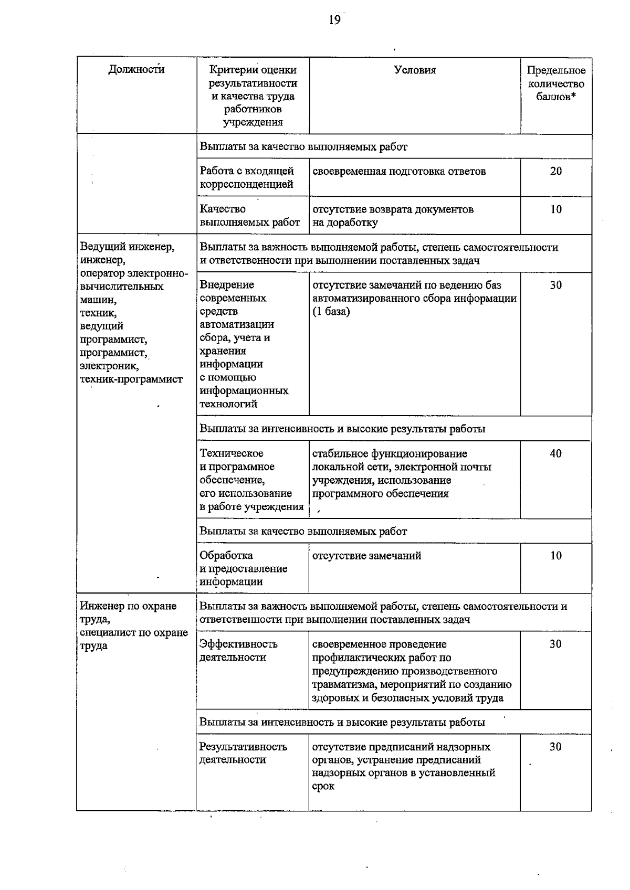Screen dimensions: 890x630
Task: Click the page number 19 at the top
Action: [x=334, y=20]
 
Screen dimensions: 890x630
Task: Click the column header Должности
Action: [x=136, y=69]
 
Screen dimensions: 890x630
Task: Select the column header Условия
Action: [x=415, y=70]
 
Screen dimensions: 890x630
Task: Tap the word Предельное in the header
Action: [x=556, y=70]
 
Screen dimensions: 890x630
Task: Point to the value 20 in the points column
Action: [x=555, y=171]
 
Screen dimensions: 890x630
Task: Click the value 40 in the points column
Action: [x=555, y=453]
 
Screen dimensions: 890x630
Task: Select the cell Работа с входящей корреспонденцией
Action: [x=247, y=177]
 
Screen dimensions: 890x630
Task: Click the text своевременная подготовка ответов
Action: [x=399, y=171]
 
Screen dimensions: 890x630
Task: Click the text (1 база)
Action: [x=331, y=311]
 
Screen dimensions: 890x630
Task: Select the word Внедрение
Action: [x=227, y=284]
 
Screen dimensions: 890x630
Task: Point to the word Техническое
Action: [x=232, y=453]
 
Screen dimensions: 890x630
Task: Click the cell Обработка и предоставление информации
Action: [x=243, y=568]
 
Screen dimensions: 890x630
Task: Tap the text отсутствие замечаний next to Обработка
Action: [x=366, y=556]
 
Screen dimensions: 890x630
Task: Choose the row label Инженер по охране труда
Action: [x=128, y=612]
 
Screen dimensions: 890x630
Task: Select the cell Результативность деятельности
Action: [x=243, y=753]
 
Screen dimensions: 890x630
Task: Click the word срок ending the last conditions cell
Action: [x=323, y=786]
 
